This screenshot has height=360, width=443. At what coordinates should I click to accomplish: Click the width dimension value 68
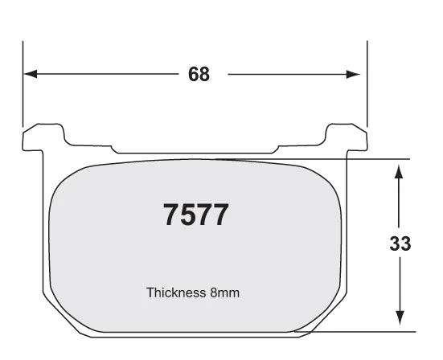(x=199, y=74)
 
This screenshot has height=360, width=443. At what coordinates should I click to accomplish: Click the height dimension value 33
(x=400, y=243)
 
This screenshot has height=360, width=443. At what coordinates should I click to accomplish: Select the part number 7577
(x=196, y=215)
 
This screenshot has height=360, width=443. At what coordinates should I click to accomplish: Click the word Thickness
(x=176, y=292)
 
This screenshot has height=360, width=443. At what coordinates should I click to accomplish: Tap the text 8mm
(x=224, y=292)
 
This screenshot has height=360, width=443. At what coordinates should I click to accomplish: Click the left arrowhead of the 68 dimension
(x=31, y=74)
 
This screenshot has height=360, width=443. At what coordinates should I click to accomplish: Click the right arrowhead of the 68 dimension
(x=353, y=74)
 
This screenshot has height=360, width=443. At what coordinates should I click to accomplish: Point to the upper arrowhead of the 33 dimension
(x=399, y=172)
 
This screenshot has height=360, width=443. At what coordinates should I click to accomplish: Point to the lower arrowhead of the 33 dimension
(x=400, y=317)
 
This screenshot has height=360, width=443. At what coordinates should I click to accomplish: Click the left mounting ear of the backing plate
(x=43, y=137)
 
